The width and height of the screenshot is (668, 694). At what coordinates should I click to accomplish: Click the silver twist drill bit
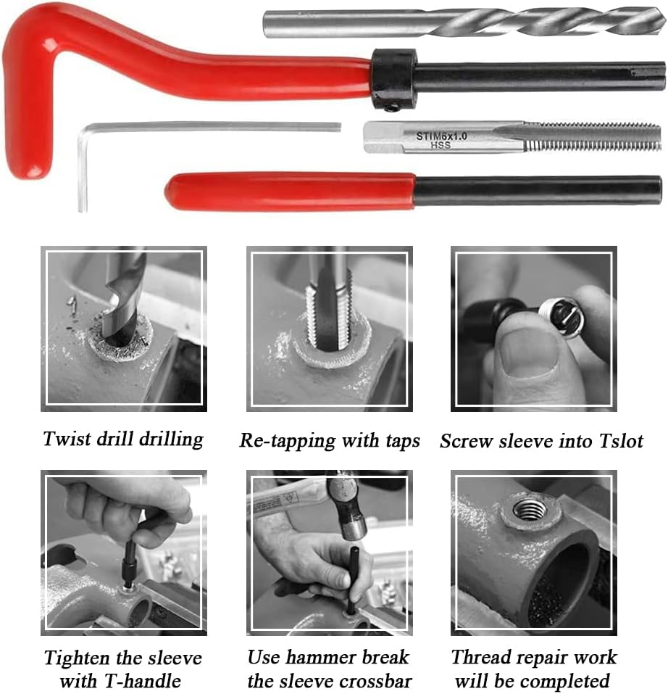[464, 22]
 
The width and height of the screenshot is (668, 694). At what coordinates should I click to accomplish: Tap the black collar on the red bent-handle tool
[393, 78]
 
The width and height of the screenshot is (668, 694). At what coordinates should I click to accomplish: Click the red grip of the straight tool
[290, 191]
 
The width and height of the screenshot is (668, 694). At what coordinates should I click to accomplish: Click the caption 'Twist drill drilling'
[122, 439]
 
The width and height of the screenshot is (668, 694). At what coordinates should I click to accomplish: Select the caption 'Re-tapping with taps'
[330, 441]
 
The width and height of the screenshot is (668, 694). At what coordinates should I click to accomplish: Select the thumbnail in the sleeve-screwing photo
[530, 355]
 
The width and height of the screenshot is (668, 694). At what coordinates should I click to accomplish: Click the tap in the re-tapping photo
[330, 305]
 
